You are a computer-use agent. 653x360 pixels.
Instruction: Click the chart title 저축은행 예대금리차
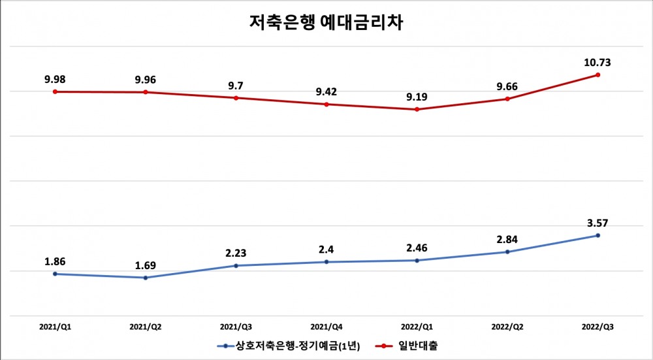[326, 24]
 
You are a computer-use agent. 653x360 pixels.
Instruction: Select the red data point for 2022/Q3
[597, 75]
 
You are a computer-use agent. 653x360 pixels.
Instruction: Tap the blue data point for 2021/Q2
[146, 278]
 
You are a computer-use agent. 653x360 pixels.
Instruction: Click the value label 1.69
[146, 265]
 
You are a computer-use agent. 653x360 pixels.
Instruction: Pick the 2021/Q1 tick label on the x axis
[55, 325]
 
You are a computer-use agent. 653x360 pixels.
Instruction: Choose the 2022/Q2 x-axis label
[507, 325]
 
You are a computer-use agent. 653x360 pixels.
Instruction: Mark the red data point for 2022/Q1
[417, 109]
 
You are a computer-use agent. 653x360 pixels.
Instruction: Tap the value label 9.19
[417, 97]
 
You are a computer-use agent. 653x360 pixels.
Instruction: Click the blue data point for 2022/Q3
[597, 235]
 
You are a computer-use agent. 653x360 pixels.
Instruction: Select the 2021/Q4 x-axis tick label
[326, 325]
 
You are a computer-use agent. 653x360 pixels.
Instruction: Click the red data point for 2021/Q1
[55, 91]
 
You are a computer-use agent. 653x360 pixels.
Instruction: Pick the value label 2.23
[236, 254]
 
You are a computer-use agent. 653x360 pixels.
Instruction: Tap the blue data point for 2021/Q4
[326, 262]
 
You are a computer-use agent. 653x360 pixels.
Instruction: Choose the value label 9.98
[55, 79]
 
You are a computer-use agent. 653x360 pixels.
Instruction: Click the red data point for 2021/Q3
[236, 98]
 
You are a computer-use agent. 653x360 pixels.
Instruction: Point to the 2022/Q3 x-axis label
[597, 325]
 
